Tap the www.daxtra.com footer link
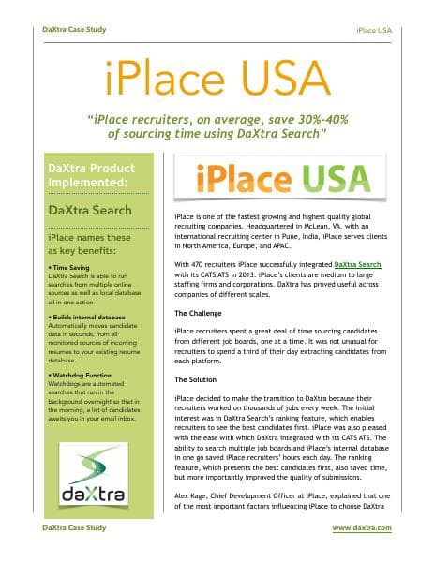(361, 529)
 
